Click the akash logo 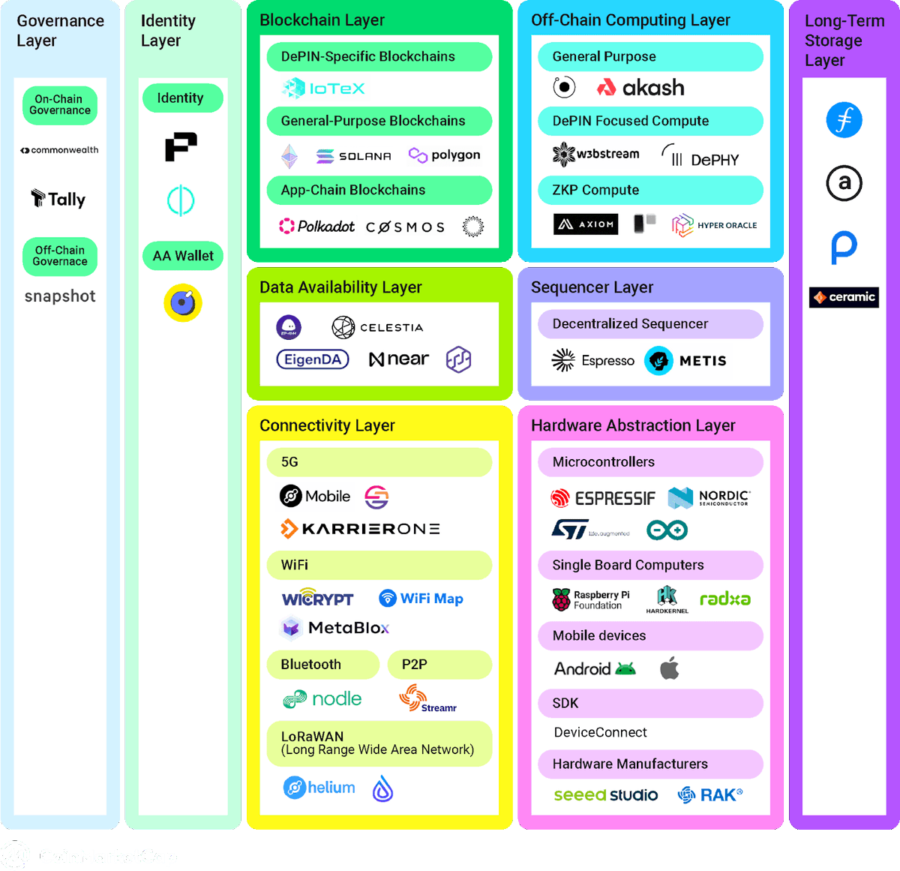click(x=640, y=88)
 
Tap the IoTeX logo click(x=323, y=89)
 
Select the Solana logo click(x=353, y=156)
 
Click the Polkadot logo click(x=316, y=226)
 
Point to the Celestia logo click(x=377, y=327)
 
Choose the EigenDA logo click(x=313, y=359)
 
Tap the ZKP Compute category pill click(x=650, y=190)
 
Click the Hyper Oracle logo click(x=714, y=225)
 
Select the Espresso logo click(x=593, y=361)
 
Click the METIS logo click(x=685, y=361)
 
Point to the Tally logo click(x=58, y=199)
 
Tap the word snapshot click(x=60, y=296)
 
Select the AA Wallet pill click(x=183, y=256)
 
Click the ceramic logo click(x=844, y=297)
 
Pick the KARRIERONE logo click(x=360, y=529)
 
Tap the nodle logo click(x=322, y=699)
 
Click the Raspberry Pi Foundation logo click(x=591, y=599)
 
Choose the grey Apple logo click(x=670, y=668)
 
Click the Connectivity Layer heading click(x=327, y=425)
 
